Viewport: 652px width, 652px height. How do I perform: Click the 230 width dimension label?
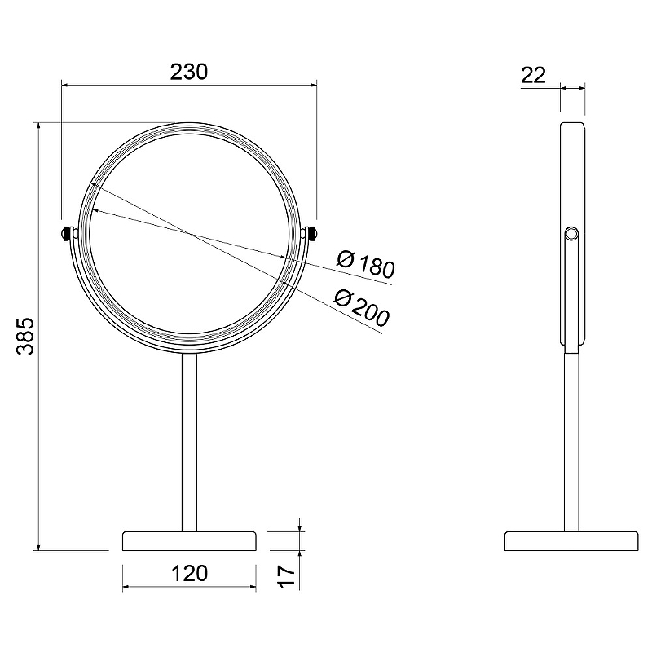click(189, 72)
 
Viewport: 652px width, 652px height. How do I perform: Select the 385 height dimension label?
click(25, 337)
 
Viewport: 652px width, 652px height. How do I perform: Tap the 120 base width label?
click(189, 574)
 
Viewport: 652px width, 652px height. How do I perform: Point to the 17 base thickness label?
click(287, 576)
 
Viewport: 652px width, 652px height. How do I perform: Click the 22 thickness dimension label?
click(533, 75)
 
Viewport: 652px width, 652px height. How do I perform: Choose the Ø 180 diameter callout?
click(365, 264)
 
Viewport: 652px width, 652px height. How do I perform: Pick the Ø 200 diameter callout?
click(362, 308)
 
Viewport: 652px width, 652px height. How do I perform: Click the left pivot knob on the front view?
click(65, 233)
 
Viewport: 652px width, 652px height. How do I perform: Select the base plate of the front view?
click(189, 541)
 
